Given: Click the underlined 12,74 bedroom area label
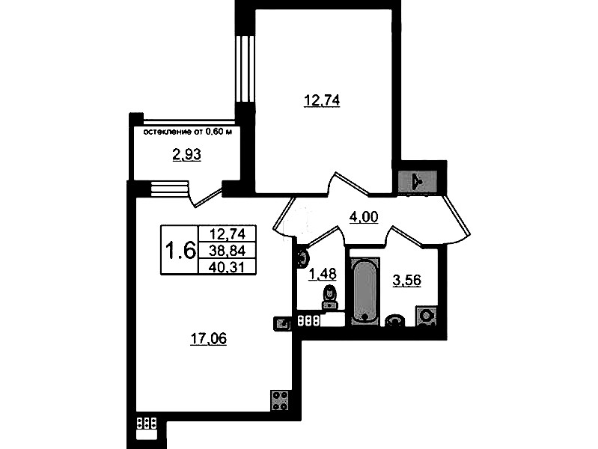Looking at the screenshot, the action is tap(322, 101).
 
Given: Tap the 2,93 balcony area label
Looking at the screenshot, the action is tap(187, 155).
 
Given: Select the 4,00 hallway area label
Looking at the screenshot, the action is tap(364, 217).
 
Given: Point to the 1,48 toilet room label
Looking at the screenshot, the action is tap(323, 274).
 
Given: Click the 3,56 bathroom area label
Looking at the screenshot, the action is tap(406, 281).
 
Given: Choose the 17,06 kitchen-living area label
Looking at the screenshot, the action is tap(208, 338).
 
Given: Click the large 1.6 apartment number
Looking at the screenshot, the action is tap(180, 250).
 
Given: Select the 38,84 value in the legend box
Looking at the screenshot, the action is tap(228, 251).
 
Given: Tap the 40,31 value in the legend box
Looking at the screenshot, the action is tap(227, 267).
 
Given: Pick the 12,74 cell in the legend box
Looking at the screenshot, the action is tap(228, 233).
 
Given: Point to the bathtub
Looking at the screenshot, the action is tap(365, 291).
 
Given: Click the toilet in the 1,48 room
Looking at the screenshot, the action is tap(329, 296).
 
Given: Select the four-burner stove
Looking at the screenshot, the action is tap(280, 400).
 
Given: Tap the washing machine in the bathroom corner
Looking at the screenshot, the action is tap(426, 316).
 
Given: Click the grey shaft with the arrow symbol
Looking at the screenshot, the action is tap(417, 182).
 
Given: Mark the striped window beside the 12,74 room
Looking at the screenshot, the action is tap(245, 69).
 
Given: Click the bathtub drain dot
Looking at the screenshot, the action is tap(364, 317).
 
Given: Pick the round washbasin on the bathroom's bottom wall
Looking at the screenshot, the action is tap(394, 320).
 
